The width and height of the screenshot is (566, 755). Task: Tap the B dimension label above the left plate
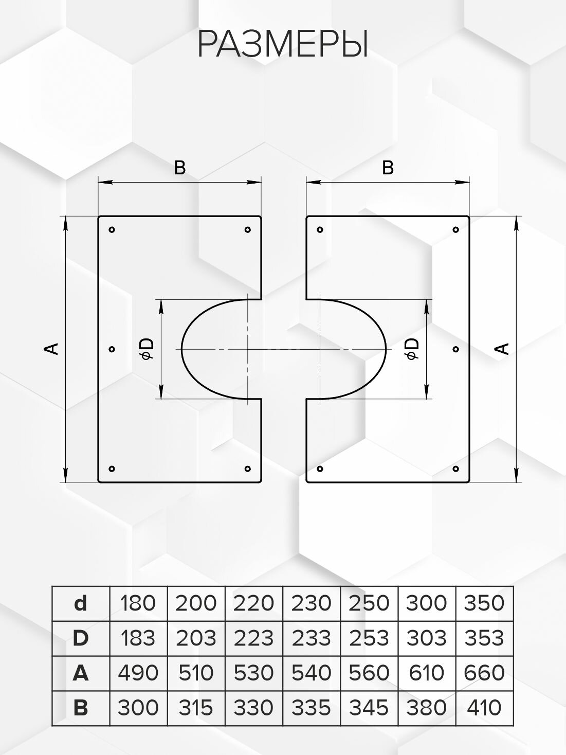(179, 168)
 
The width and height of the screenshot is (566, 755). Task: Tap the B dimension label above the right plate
(388, 168)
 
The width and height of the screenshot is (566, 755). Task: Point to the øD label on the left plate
(148, 349)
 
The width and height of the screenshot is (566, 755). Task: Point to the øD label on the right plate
(412, 349)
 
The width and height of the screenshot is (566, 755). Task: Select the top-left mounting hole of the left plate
(112, 229)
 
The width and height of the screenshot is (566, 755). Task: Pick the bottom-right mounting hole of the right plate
(455, 469)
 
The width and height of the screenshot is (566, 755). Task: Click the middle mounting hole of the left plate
(112, 349)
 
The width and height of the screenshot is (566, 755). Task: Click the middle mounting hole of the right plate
(455, 349)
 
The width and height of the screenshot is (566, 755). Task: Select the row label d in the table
(81, 603)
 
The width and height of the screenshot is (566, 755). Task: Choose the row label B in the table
(81, 708)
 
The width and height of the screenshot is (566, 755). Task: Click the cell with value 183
(138, 638)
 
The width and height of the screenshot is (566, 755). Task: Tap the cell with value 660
(484, 673)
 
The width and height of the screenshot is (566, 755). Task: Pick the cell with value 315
(196, 708)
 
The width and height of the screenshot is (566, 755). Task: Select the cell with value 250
(369, 603)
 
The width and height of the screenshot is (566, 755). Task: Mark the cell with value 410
(484, 708)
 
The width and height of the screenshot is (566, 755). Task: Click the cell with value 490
(138, 673)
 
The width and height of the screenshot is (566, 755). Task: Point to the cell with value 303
(427, 638)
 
